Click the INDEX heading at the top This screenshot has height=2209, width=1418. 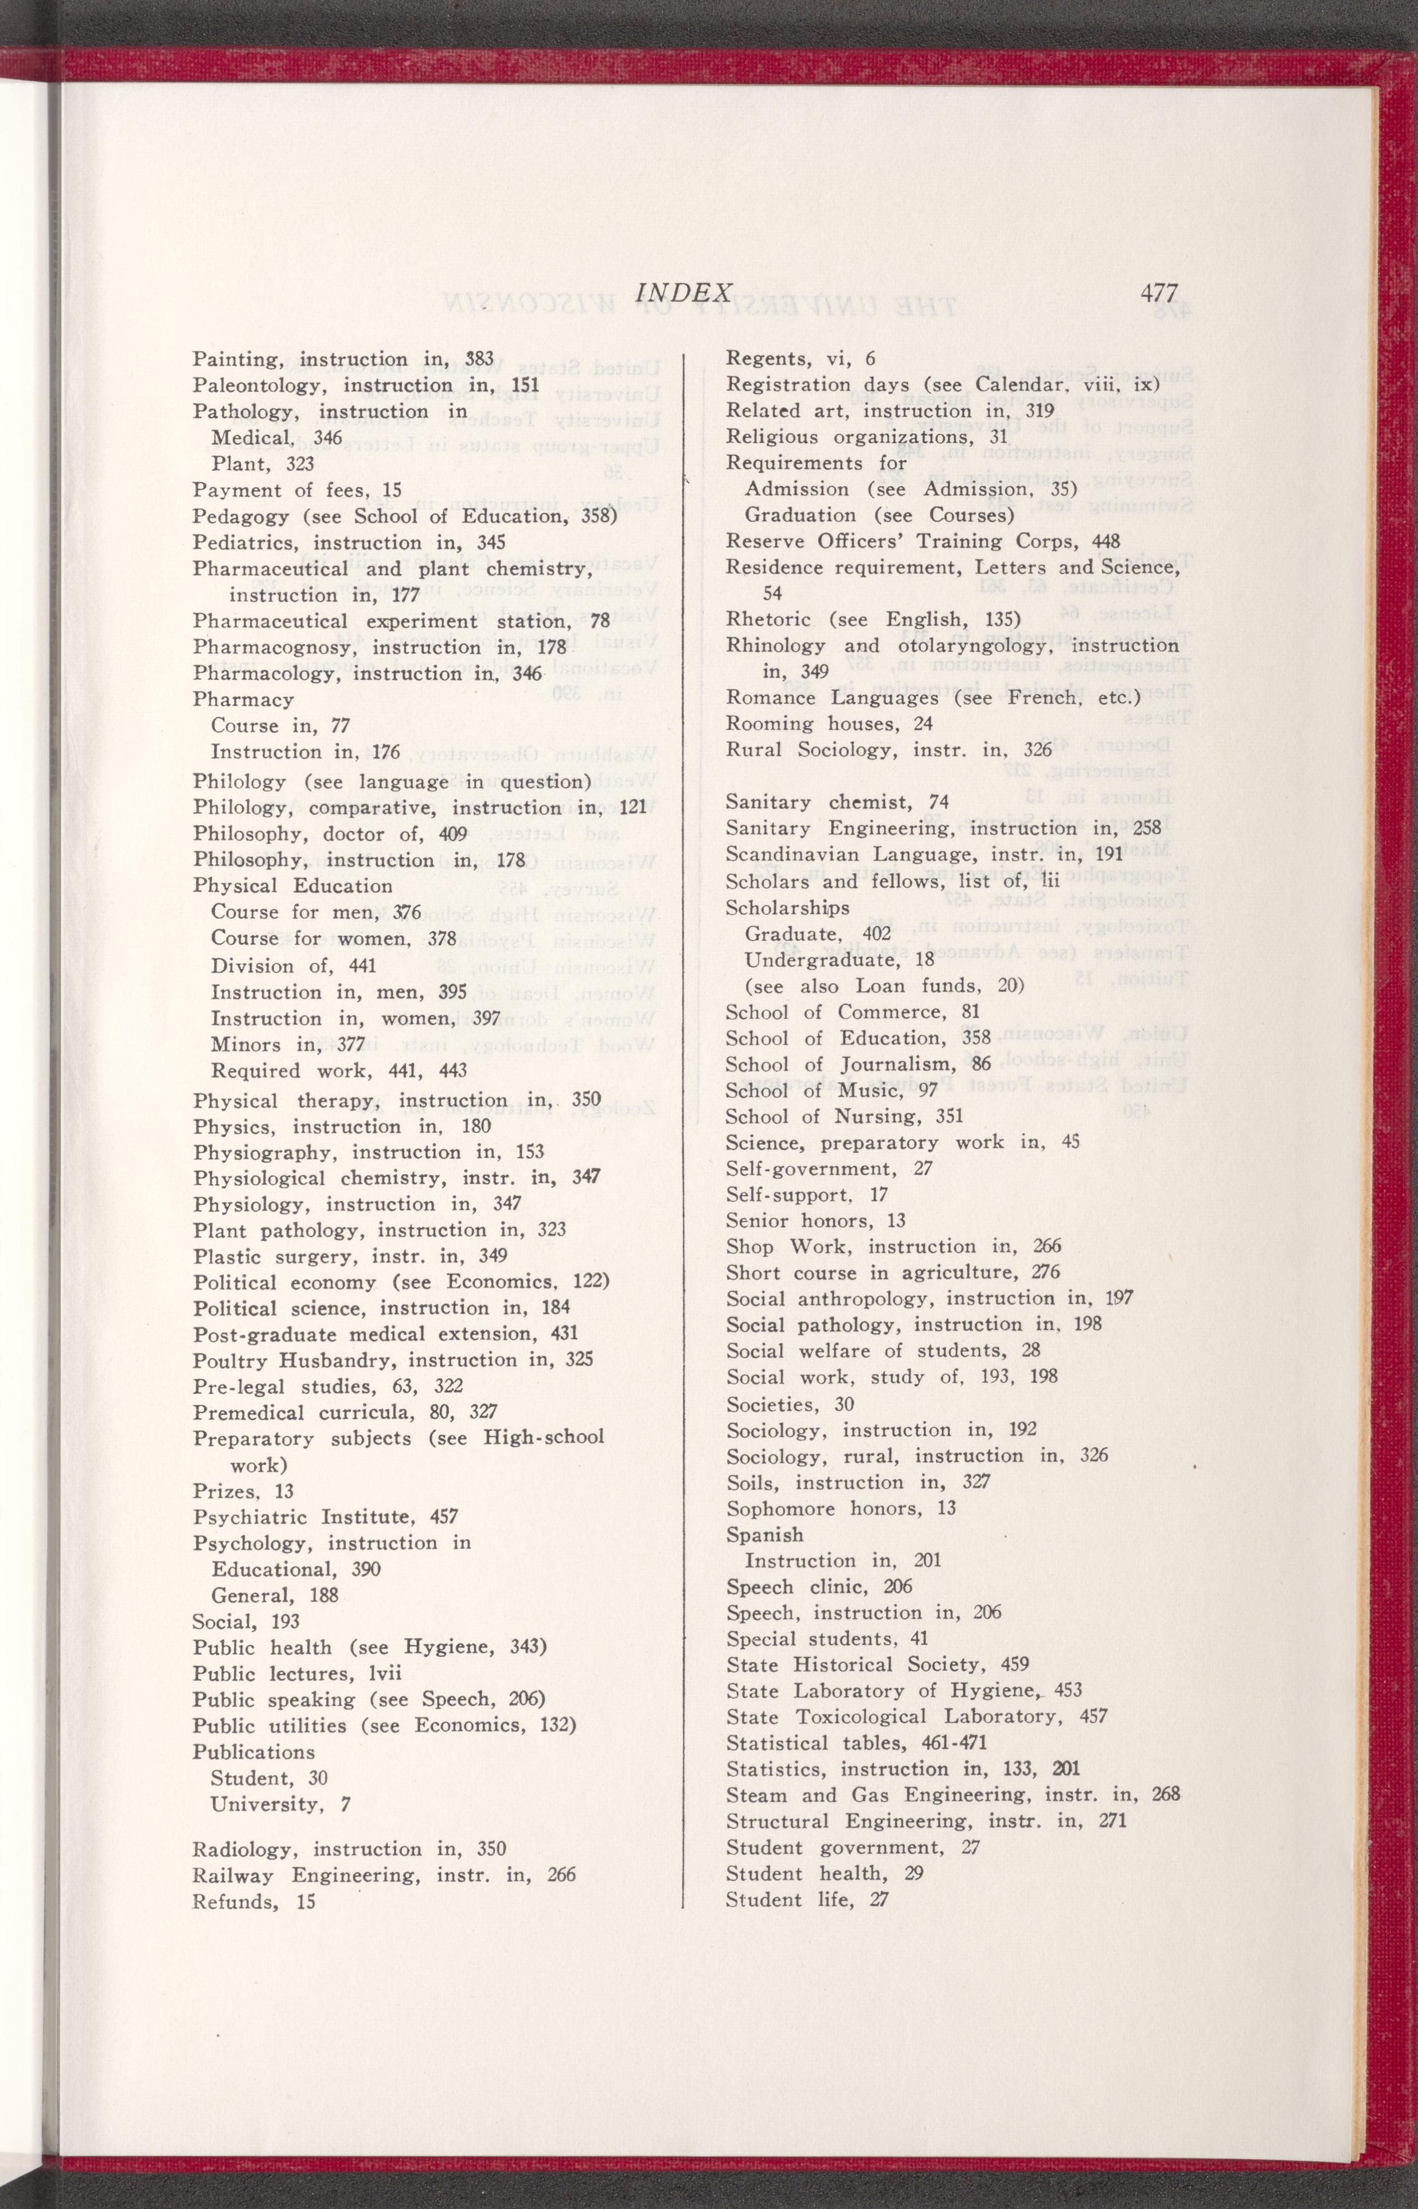(684, 293)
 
